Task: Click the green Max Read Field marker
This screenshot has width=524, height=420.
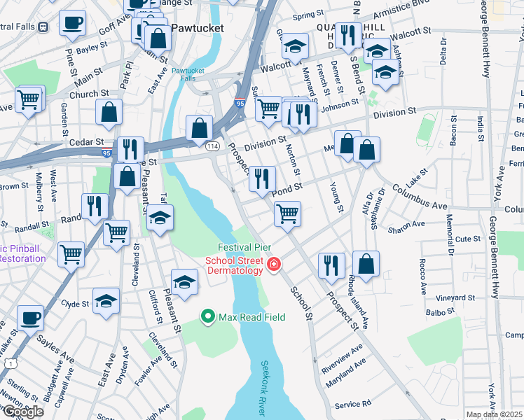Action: [207, 317]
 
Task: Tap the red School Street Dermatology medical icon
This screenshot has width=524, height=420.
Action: [273, 266]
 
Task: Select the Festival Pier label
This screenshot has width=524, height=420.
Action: [244, 248]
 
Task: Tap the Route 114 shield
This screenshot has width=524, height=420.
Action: [212, 145]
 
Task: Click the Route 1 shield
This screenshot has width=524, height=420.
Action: [11, 363]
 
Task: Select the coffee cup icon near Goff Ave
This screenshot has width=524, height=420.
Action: [71, 22]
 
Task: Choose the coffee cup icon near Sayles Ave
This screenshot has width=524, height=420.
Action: [29, 318]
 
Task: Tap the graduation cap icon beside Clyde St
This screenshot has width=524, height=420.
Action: [106, 302]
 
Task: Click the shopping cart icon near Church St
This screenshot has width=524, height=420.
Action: [28, 99]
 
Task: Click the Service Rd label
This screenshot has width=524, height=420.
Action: [352, 405]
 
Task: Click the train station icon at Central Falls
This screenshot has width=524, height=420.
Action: [43, 27]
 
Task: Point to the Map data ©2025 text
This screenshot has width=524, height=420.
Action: [495, 414]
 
